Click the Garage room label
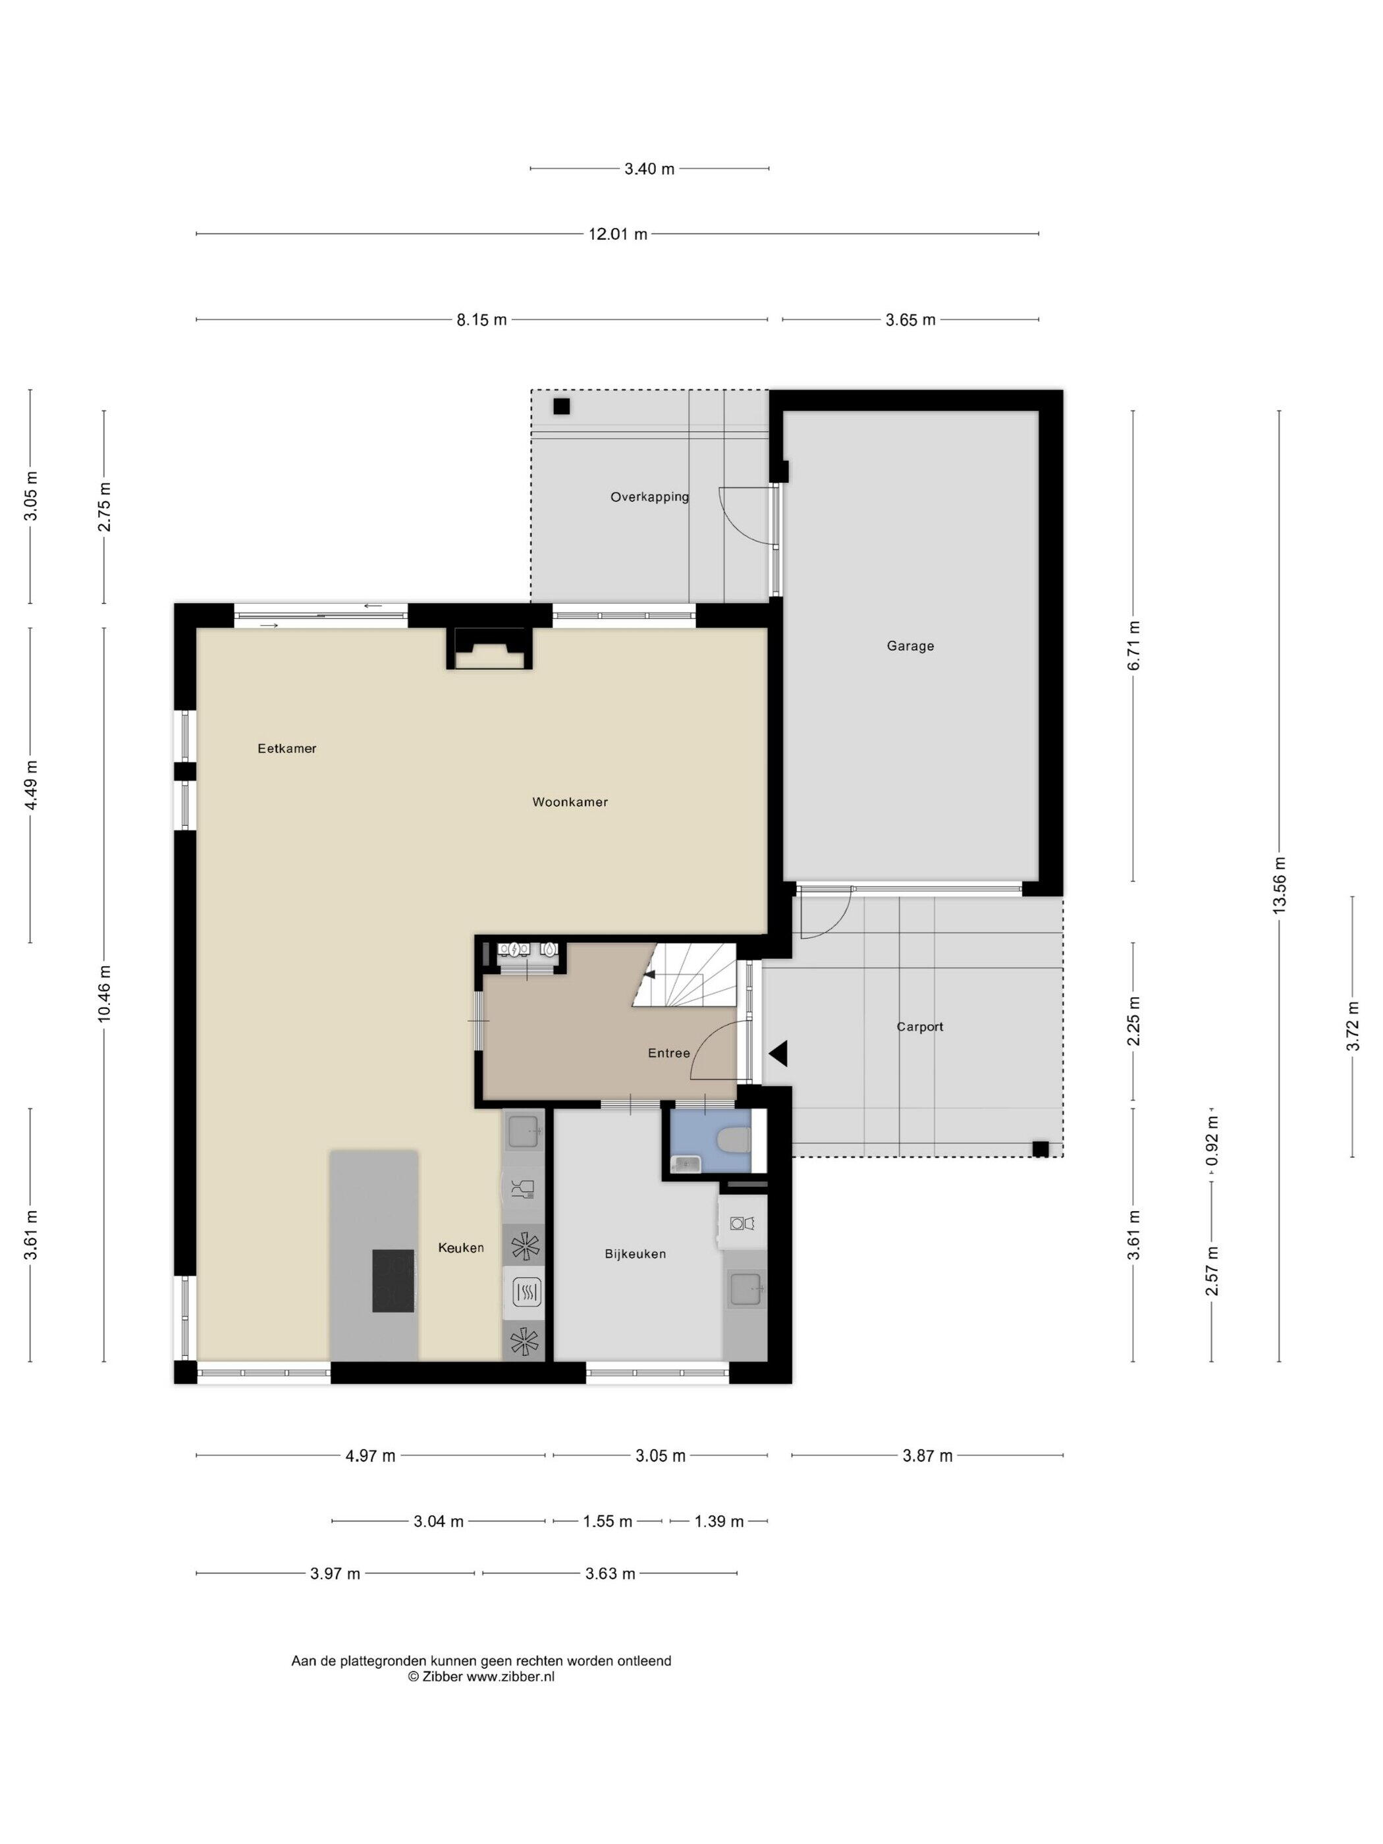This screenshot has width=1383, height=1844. (909, 646)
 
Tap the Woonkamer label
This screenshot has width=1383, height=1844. (570, 802)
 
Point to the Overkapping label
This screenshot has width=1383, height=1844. (649, 497)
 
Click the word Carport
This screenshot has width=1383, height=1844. (919, 1027)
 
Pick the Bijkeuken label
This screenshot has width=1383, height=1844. (636, 1254)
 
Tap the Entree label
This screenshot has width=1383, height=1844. (668, 1053)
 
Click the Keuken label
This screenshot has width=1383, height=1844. (461, 1247)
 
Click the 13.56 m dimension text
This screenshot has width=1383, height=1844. (1280, 885)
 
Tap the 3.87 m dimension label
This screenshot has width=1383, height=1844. (927, 1455)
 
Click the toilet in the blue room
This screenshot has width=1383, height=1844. (735, 1139)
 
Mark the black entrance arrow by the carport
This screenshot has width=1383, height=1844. (778, 1054)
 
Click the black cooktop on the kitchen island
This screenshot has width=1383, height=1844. (393, 1280)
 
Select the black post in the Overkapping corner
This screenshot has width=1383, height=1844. (561, 407)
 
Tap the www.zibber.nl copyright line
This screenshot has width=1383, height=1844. (481, 1677)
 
